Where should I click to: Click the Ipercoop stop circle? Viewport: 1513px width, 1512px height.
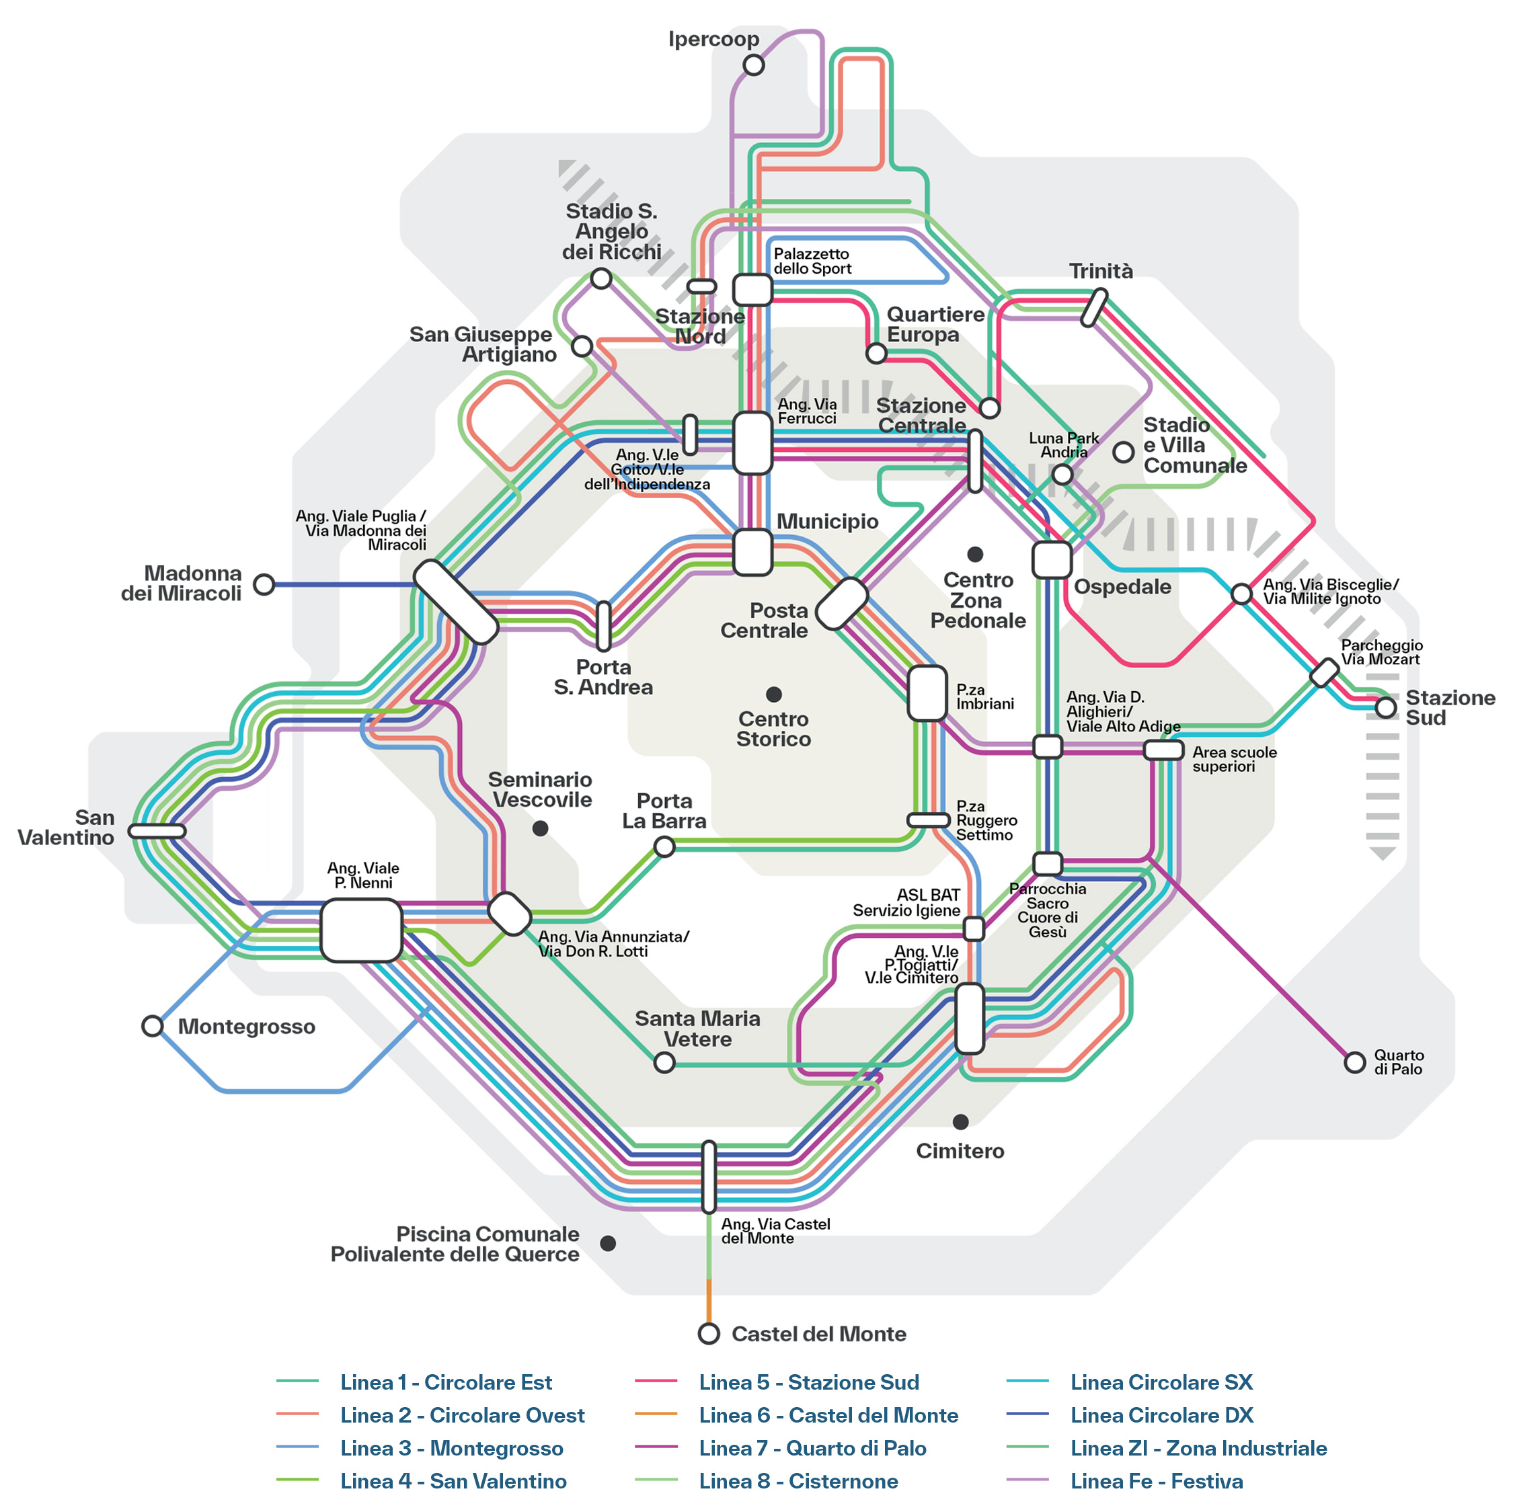tap(753, 65)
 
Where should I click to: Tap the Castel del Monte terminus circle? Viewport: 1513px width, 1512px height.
tap(709, 1333)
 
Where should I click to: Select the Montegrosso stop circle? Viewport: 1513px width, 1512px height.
tap(152, 1026)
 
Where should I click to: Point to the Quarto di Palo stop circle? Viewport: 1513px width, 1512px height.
tap(1355, 1062)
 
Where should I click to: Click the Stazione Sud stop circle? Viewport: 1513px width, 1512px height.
tap(1386, 707)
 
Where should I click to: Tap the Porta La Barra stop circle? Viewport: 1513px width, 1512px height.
tap(664, 846)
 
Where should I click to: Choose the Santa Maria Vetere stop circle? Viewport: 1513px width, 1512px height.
tap(664, 1062)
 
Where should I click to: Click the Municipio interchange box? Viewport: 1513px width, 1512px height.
tap(752, 552)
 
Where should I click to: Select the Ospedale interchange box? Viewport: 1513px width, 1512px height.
tap(1052, 560)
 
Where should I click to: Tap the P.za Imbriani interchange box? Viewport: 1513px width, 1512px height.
tap(927, 693)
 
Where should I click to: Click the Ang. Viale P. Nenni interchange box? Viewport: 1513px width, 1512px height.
tap(361, 930)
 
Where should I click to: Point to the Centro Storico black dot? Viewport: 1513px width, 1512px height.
tap(774, 694)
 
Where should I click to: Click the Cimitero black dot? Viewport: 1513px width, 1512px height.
tap(961, 1122)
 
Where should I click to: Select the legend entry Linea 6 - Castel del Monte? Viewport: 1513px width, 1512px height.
tap(828, 1416)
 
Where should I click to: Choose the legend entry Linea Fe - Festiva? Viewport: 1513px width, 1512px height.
tap(1156, 1482)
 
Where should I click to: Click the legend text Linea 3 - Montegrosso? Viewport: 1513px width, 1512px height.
tap(451, 1449)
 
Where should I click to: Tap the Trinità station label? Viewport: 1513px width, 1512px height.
tap(1101, 271)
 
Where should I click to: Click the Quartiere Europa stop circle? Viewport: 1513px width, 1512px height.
tap(876, 354)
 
